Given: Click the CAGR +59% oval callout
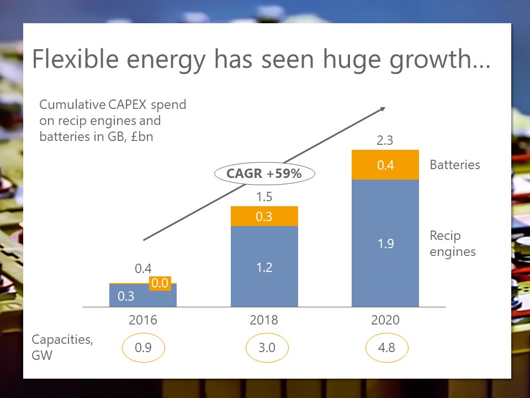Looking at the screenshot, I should pyautogui.click(x=264, y=174).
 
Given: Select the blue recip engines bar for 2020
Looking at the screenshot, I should pyautogui.click(x=385, y=243).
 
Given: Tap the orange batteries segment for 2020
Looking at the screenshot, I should pyautogui.click(x=385, y=165).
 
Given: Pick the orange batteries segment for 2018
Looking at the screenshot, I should pyautogui.click(x=264, y=217).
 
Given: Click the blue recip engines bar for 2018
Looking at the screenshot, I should pyautogui.click(x=264, y=267).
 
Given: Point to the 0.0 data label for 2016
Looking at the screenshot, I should pyautogui.click(x=160, y=284).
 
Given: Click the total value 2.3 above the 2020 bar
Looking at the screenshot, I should pyautogui.click(x=385, y=140).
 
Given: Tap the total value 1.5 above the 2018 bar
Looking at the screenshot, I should pyautogui.click(x=264, y=197).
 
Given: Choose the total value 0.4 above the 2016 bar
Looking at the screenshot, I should pyautogui.click(x=143, y=269).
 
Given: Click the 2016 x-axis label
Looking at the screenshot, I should pyautogui.click(x=143, y=320).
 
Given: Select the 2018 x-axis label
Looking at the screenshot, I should pyautogui.click(x=264, y=320).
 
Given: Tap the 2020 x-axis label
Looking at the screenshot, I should pyautogui.click(x=385, y=320).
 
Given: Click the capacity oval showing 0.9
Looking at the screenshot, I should pyautogui.click(x=143, y=348).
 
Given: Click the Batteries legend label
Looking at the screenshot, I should pyautogui.click(x=454, y=165).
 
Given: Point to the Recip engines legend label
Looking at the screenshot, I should pyautogui.click(x=453, y=244).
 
